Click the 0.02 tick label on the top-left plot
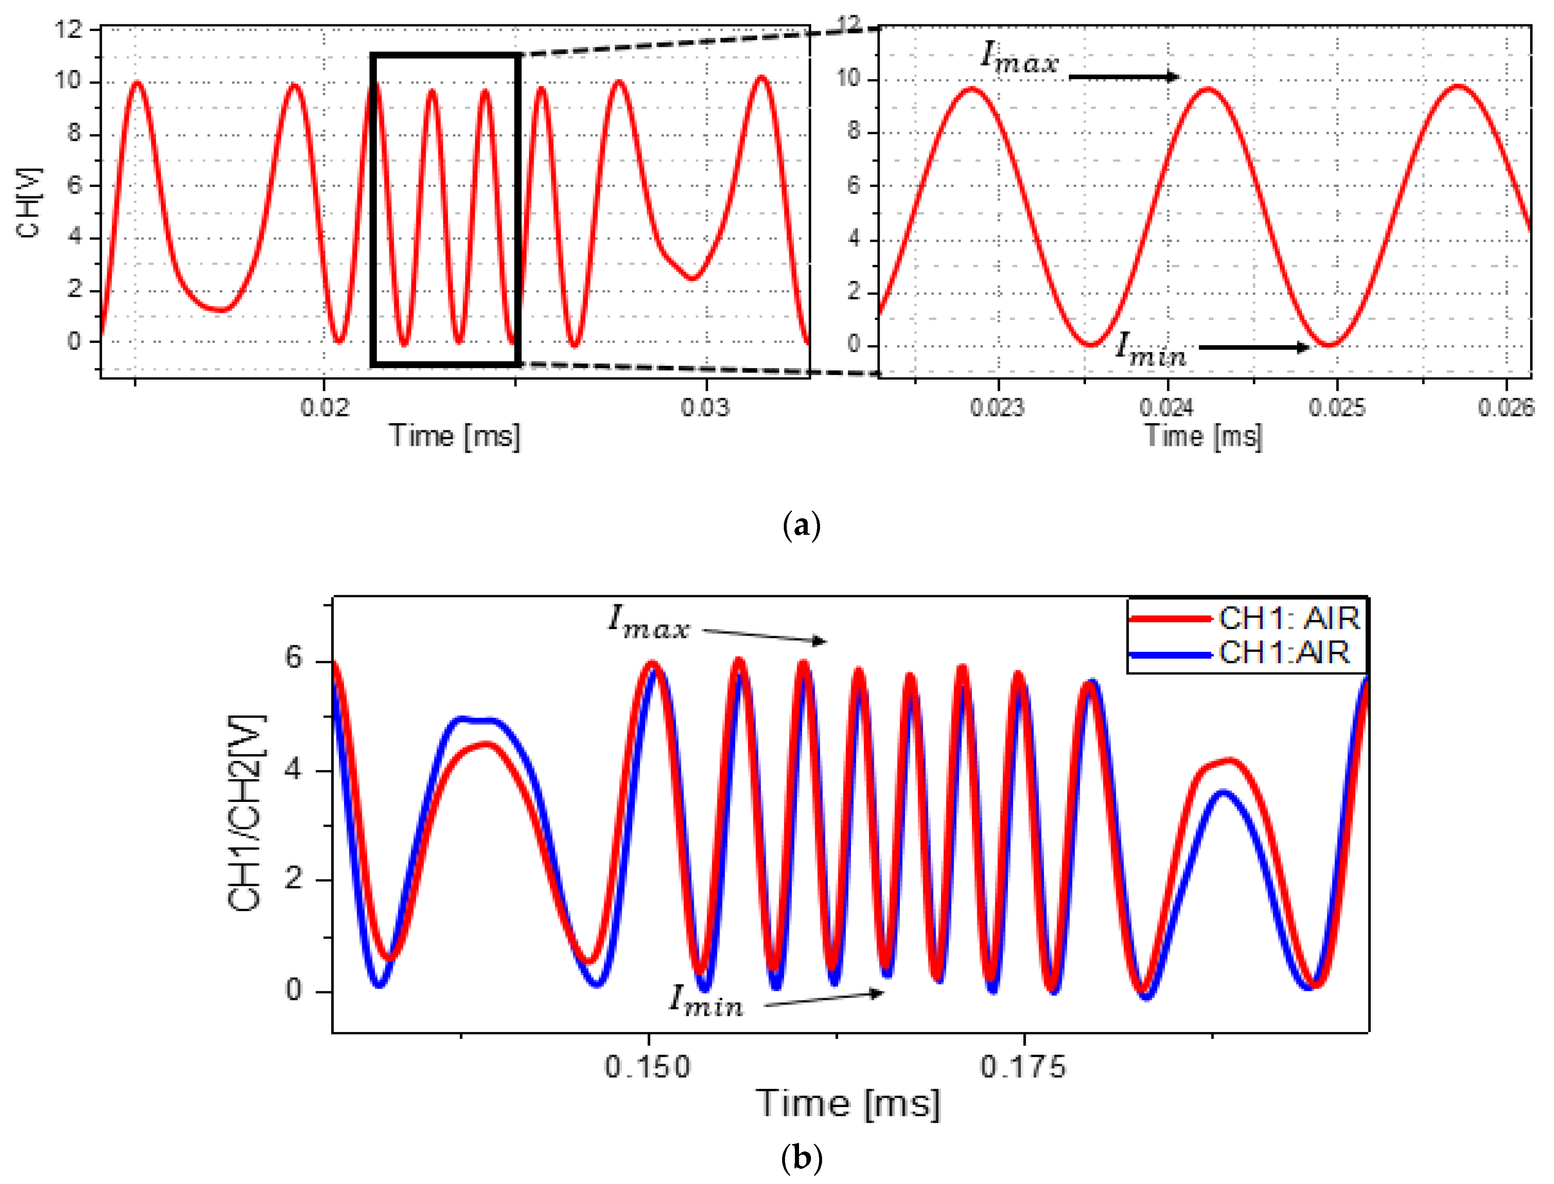point(325,407)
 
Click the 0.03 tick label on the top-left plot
point(705,407)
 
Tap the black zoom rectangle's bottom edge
point(445,364)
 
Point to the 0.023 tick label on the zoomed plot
point(997,407)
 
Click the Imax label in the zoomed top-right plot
point(1020,58)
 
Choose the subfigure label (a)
point(801,527)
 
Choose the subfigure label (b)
point(801,1158)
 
